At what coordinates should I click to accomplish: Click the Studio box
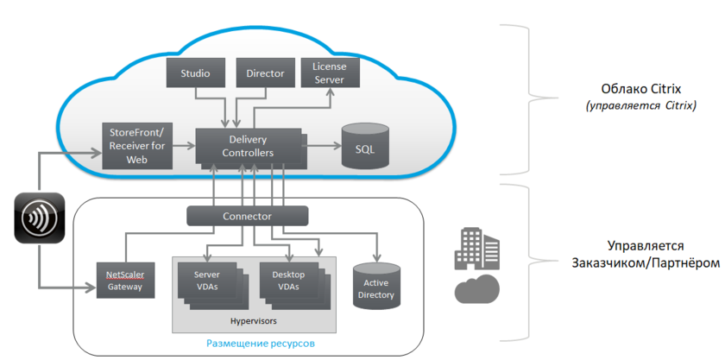195,73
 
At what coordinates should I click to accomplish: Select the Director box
265,73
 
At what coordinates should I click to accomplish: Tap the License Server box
329,73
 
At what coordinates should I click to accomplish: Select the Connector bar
247,216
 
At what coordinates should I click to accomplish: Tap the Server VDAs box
207,281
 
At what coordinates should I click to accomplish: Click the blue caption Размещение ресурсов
260,344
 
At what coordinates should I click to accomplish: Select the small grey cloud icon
476,289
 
